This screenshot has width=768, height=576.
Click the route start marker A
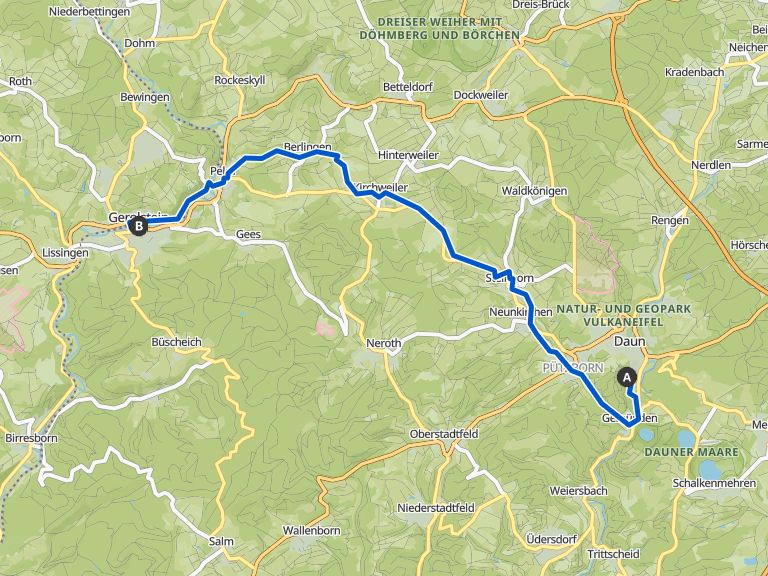[x=628, y=377]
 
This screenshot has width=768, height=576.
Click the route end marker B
[x=138, y=226]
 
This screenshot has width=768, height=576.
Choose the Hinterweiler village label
[x=409, y=155]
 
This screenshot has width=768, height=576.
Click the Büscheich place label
[x=176, y=342]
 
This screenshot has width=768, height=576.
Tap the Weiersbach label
[x=578, y=490]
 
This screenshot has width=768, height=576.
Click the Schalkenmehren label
[x=718, y=481]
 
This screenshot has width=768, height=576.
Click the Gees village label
[x=248, y=233]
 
